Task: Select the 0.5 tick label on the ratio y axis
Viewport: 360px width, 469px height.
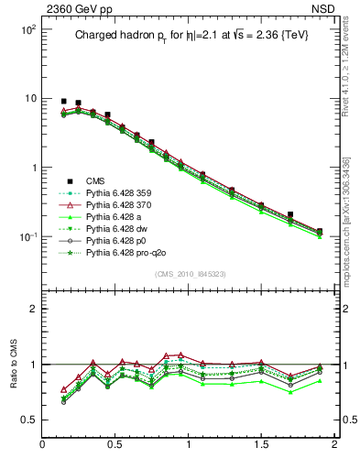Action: pyautogui.click(x=27, y=420)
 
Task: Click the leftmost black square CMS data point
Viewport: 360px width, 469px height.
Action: pyautogui.click(x=63, y=101)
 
